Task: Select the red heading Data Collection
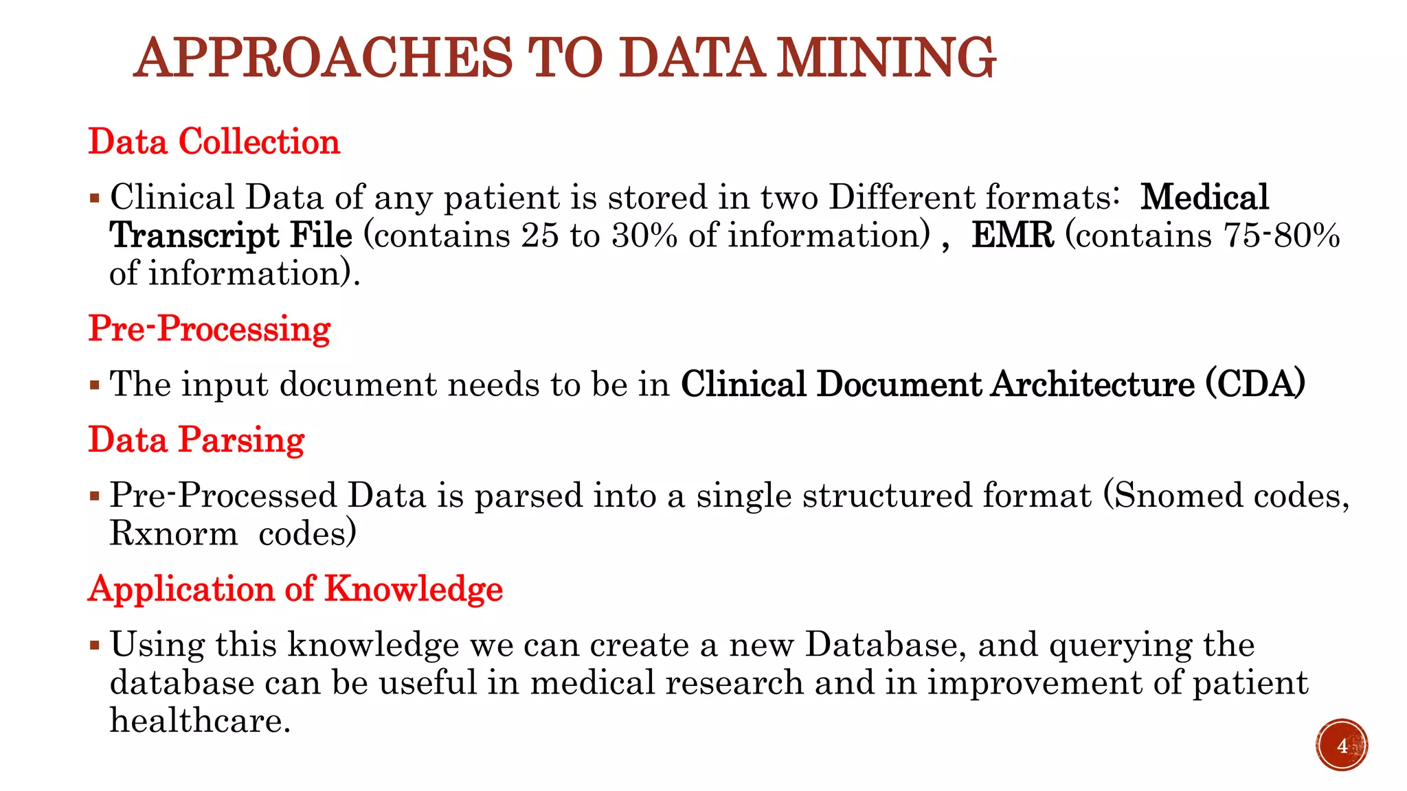(214, 142)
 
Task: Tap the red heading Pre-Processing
(210, 329)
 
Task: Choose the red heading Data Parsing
(196, 440)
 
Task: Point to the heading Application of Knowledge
(295, 589)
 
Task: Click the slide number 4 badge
(1342, 746)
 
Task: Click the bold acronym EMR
(1013, 236)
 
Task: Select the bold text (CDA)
(1256, 385)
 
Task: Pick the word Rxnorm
(173, 534)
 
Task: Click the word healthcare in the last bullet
(196, 720)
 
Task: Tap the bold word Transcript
(194, 236)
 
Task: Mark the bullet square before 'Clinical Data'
(95, 198)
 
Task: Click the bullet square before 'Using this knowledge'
(95, 645)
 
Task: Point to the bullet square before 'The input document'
(95, 385)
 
